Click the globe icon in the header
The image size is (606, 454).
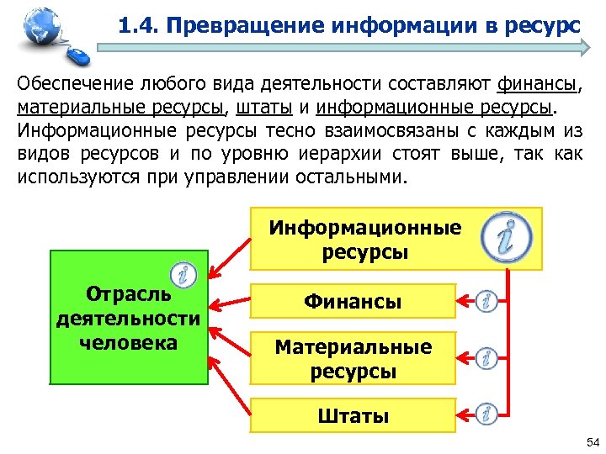coord(40,25)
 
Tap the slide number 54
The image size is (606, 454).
coord(592,442)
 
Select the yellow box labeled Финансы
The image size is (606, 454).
coord(353,301)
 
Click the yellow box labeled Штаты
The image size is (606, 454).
coord(353,415)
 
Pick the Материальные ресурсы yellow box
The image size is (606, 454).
coord(353,358)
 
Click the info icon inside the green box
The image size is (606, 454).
coord(183,275)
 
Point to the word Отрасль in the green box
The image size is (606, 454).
coord(128,294)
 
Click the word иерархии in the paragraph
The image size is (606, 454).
coord(323,155)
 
